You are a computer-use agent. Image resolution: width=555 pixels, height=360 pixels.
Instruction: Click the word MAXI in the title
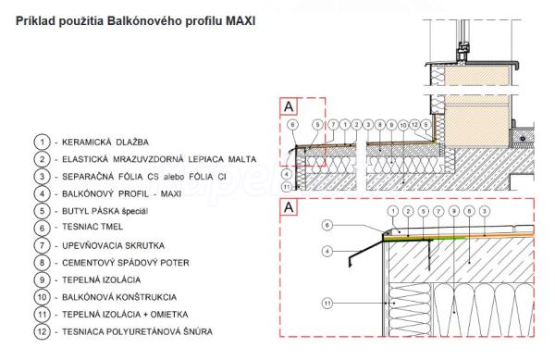click(x=240, y=21)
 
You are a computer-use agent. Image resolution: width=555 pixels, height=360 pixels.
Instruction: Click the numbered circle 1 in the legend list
click(x=43, y=142)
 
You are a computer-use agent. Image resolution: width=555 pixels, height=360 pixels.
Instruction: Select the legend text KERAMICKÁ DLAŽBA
click(x=105, y=143)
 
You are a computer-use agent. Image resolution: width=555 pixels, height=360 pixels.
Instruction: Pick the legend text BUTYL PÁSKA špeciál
click(x=105, y=211)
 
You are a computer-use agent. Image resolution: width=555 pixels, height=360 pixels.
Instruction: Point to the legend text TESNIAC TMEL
click(x=92, y=227)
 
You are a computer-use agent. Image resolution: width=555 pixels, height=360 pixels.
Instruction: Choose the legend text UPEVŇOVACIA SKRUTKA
click(x=113, y=245)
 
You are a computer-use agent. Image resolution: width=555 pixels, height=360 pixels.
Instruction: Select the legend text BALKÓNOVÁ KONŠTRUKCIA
click(x=119, y=297)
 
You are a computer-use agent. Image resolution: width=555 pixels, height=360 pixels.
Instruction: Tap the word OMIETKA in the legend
click(x=169, y=315)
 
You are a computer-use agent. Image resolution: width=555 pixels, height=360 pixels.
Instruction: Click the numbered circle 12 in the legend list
click(x=43, y=331)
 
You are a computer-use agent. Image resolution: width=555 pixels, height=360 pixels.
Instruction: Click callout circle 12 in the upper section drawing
click(x=414, y=125)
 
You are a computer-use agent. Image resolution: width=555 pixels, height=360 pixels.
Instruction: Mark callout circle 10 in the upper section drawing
click(x=403, y=125)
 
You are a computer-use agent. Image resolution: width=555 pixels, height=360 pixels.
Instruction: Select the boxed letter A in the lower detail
click(x=289, y=207)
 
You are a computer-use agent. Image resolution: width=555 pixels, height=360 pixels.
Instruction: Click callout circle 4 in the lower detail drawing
click(x=327, y=252)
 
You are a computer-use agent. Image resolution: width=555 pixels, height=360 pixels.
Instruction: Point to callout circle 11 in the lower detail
click(x=327, y=303)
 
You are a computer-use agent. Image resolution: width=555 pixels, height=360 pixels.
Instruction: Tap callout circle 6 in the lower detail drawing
click(x=327, y=225)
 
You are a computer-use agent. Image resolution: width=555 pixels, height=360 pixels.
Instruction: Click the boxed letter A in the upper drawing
click(x=289, y=106)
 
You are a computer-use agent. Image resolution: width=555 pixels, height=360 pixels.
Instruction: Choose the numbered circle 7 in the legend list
click(x=43, y=245)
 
